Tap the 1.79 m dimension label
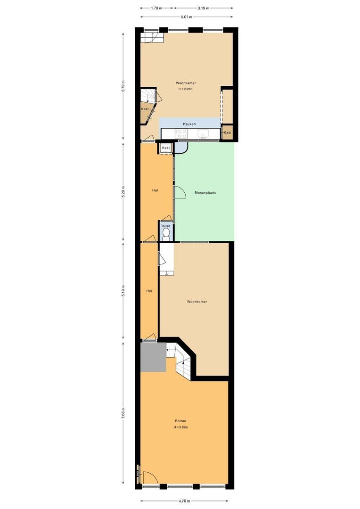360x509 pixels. click(x=156, y=8)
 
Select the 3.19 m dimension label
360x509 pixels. click(x=203, y=8)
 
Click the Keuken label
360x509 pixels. click(x=189, y=123)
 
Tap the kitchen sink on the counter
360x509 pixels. click(x=204, y=134)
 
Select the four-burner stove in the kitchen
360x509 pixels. click(x=182, y=134)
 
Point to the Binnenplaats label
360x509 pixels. click(x=205, y=193)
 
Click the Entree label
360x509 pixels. click(x=180, y=421)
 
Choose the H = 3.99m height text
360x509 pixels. click(x=180, y=427)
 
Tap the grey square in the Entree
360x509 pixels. click(x=153, y=357)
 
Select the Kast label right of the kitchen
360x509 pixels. click(x=228, y=132)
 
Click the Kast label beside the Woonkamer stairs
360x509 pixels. click(x=145, y=109)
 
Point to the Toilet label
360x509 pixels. click(x=165, y=226)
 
